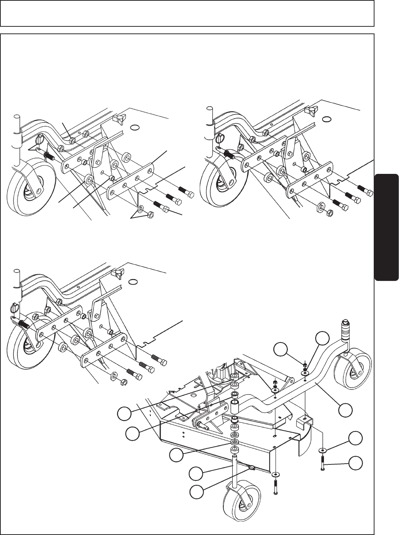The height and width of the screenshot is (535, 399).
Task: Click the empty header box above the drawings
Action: (187, 13)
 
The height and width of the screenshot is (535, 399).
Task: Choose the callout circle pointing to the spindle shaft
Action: (196, 473)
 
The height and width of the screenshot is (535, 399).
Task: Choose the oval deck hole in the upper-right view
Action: (327, 119)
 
